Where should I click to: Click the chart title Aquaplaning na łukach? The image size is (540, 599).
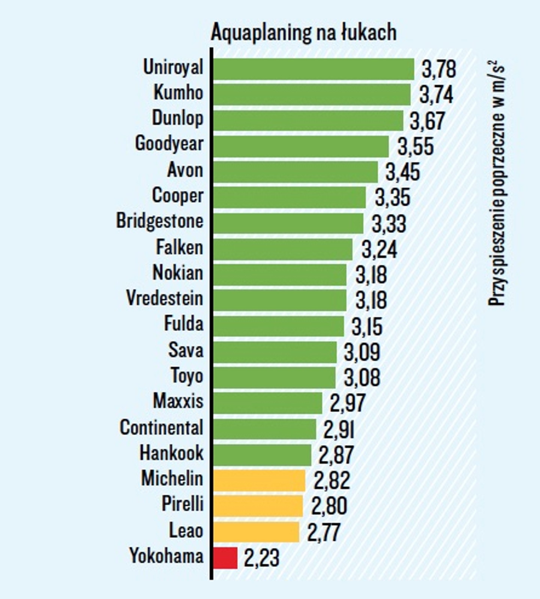(x=304, y=33)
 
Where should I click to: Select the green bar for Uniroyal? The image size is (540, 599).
(x=314, y=69)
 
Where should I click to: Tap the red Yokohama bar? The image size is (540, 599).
(x=225, y=558)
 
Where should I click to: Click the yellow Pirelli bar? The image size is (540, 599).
(x=258, y=506)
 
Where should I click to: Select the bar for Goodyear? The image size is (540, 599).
(x=301, y=146)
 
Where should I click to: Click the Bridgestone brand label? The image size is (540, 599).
(x=160, y=221)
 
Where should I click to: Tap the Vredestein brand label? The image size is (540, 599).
(x=165, y=298)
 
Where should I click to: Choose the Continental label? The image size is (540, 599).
(x=161, y=428)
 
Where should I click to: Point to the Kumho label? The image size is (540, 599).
(x=179, y=93)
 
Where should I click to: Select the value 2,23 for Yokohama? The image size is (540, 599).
(x=262, y=558)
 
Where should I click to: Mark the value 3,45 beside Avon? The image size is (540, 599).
(x=403, y=172)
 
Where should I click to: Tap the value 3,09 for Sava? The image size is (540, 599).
(x=362, y=352)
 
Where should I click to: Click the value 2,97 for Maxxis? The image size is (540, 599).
(x=347, y=403)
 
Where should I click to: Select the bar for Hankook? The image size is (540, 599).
(x=263, y=455)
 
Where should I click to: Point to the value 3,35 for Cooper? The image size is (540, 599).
(x=393, y=198)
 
